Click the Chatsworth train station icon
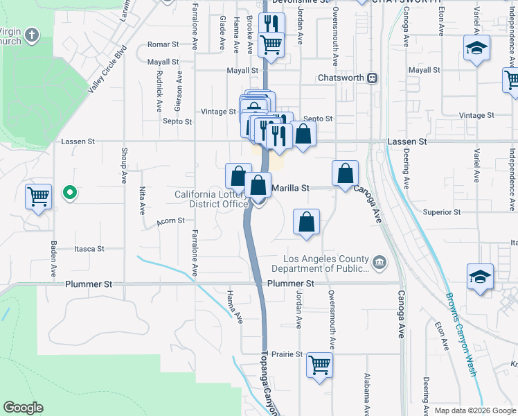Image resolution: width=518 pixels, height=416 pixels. [x=372, y=78]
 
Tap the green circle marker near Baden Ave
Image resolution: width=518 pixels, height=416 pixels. [x=69, y=193]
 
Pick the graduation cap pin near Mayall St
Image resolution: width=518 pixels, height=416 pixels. [x=476, y=49]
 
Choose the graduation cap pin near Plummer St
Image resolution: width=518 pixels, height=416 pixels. [x=480, y=276]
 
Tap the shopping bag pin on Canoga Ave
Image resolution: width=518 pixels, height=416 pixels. [x=345, y=173]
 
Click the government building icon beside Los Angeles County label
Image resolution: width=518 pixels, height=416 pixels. [x=379, y=261]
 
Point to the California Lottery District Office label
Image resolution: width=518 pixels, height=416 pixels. [x=211, y=199]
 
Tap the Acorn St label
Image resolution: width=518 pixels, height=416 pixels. [x=170, y=220]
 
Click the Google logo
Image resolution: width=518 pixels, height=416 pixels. [x=23, y=408]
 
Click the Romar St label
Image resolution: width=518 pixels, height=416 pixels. [x=163, y=44]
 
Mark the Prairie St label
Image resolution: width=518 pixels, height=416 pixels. [x=289, y=354]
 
